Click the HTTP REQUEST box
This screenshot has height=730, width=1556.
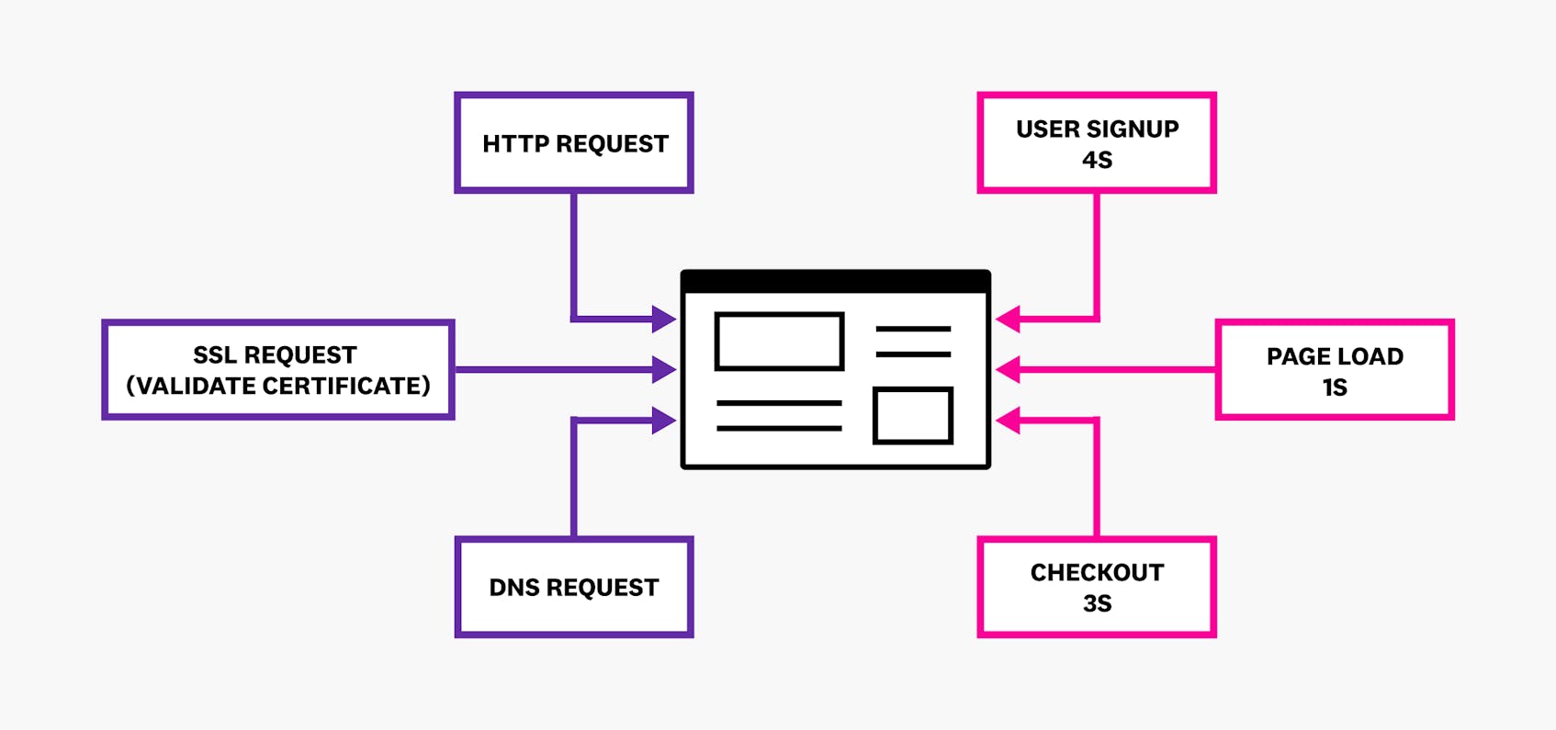click(x=574, y=143)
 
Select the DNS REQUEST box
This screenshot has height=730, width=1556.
click(x=574, y=587)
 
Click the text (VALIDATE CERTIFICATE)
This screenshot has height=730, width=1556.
click(x=278, y=386)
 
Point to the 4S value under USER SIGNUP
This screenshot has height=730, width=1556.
click(x=1097, y=160)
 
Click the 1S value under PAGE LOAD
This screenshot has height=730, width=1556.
click(x=1335, y=387)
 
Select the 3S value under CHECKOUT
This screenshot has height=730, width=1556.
click(x=1097, y=603)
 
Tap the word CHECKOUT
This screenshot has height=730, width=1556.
click(x=1097, y=573)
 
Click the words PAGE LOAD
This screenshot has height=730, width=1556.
click(x=1335, y=356)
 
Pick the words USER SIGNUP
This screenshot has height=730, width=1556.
click(x=1097, y=129)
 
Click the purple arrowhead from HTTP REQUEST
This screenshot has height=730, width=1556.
click(x=663, y=320)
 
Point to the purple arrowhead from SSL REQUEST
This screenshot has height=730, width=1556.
click(x=663, y=370)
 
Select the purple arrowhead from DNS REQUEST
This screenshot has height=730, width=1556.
click(x=663, y=421)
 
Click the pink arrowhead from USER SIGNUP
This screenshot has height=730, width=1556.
click(x=1009, y=320)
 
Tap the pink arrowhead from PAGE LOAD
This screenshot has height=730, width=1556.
click(x=1009, y=370)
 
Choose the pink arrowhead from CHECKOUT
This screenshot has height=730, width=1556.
click(x=1009, y=421)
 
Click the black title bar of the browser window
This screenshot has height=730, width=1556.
click(x=835, y=281)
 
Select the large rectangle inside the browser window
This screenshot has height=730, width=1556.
click(x=779, y=342)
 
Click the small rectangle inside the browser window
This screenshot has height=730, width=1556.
click(x=912, y=416)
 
